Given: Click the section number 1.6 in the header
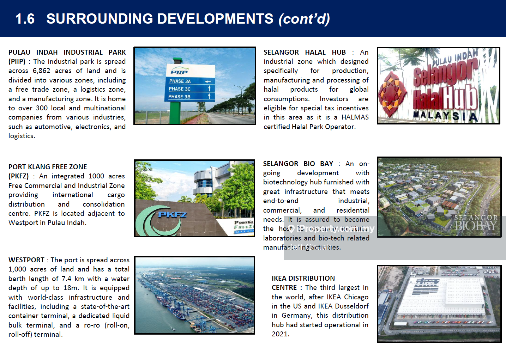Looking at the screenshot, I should point(25,19).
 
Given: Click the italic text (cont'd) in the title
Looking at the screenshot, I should point(304,19).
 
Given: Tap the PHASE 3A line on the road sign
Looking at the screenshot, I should point(180,81).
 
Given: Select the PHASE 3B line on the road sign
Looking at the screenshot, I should point(179,97).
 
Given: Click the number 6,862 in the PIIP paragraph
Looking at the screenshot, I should point(41,71).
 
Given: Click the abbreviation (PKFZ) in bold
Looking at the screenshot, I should point(18,176).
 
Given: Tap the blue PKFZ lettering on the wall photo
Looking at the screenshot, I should point(172,214).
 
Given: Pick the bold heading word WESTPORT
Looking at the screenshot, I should point(26,260).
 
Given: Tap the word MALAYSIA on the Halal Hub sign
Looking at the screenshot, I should point(445,115).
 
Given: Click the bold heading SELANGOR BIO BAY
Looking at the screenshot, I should point(298,164).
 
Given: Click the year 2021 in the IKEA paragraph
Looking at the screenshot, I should point(280,334).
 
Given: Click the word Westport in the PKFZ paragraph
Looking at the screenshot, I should point(23,222).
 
